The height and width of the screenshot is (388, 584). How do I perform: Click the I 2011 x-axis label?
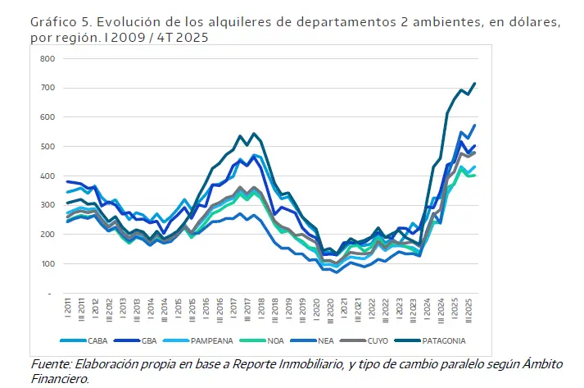tap(67, 310)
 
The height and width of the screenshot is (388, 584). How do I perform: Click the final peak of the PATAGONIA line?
tap(474, 84)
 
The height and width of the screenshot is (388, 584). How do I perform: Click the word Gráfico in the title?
tap(52, 23)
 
